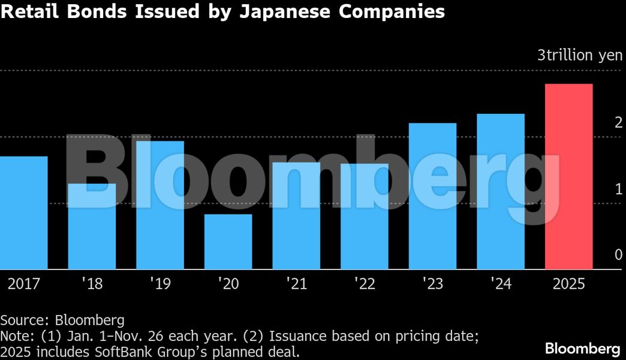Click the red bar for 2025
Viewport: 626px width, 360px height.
coord(568,176)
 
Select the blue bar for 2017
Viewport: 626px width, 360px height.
coord(24,212)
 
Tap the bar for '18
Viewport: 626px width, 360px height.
coord(92,226)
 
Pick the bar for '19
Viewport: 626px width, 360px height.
coord(160,205)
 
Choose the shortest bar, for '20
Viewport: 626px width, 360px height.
coord(228,242)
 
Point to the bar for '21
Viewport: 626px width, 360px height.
coord(296,215)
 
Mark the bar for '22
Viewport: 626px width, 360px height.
coord(365,216)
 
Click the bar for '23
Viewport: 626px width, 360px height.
coord(432,196)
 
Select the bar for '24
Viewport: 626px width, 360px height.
coord(501,191)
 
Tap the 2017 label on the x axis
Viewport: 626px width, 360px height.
coord(24,284)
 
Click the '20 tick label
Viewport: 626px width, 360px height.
coord(228,284)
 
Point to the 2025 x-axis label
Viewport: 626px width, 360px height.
coord(568,284)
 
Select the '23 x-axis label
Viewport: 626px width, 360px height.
coord(432,284)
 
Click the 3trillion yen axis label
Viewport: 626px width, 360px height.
coord(580,56)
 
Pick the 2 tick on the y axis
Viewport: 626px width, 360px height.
coord(618,123)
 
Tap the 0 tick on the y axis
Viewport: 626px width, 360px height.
coord(618,256)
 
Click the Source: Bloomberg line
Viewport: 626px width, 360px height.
coord(62,320)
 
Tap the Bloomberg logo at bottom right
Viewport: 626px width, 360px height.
coord(582,348)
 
